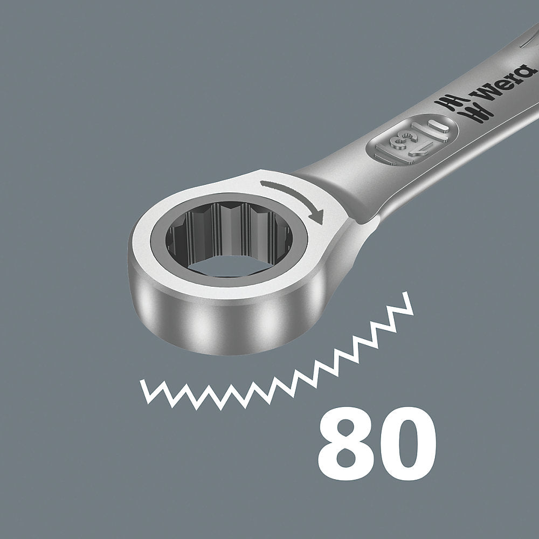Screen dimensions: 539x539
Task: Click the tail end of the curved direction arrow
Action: pyautogui.click(x=262, y=184)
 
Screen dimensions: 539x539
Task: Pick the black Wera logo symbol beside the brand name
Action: pyautogui.click(x=464, y=108)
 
